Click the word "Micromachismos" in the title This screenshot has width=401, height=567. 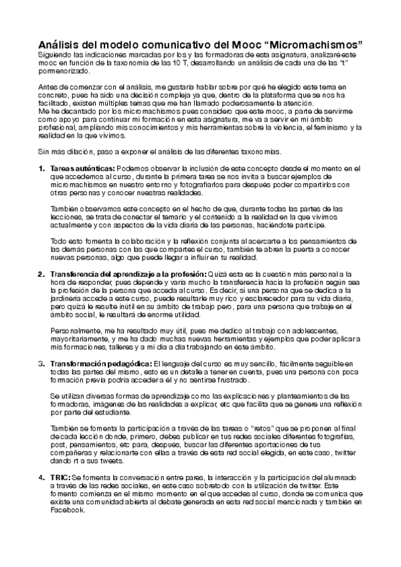pos(315,41)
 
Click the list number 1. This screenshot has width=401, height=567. pos(41,168)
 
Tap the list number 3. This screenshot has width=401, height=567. pos(41,361)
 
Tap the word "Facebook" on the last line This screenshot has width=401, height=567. pos(67,509)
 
